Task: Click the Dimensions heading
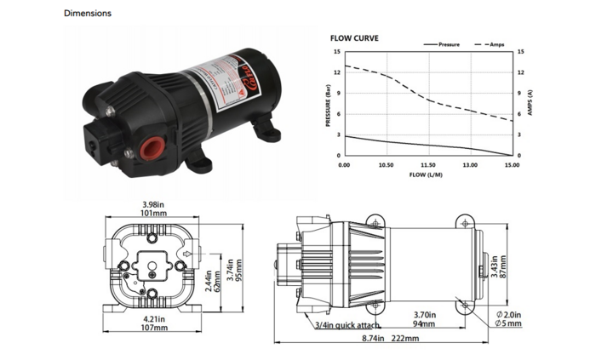tap(87, 14)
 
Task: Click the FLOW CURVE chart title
tap(354, 38)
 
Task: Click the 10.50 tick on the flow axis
tap(385, 165)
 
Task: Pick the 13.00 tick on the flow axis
tap(469, 165)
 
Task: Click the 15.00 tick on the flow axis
tap(512, 165)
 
